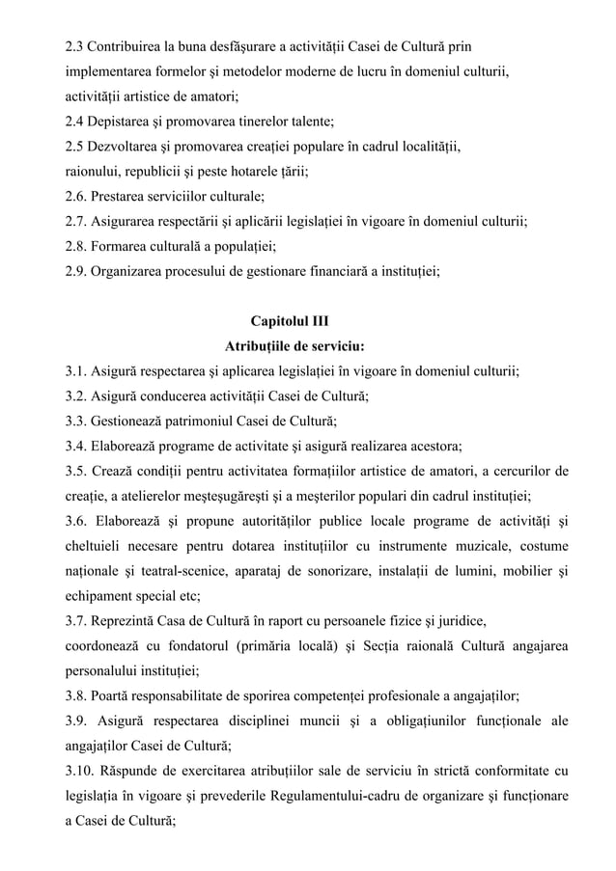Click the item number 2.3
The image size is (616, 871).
pyautogui.click(x=74, y=46)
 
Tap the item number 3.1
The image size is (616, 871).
pyautogui.click(x=74, y=371)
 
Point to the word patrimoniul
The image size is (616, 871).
pyautogui.click(x=215, y=422)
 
